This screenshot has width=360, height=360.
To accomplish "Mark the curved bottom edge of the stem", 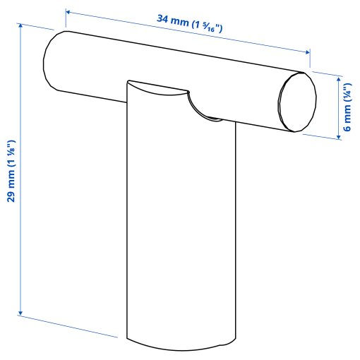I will click(x=180, y=347).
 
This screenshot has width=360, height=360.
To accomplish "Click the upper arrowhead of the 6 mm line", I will click(x=339, y=77).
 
